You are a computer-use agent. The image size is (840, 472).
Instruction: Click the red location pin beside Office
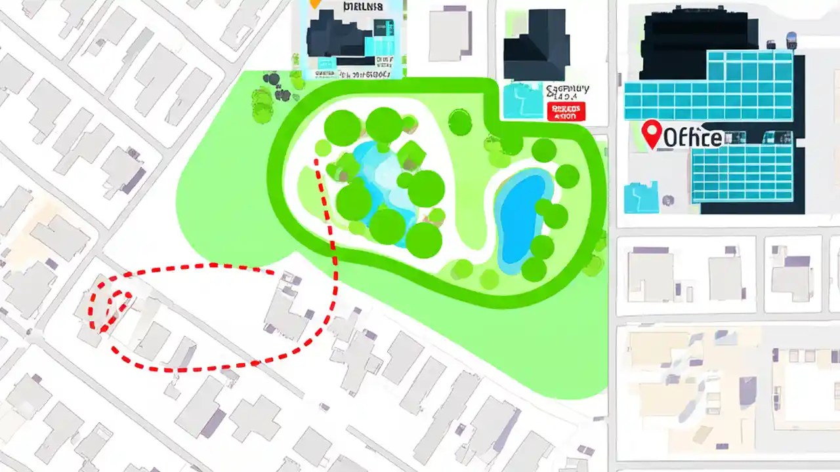tap(651, 133)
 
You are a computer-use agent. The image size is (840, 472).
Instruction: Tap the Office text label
tap(693, 138)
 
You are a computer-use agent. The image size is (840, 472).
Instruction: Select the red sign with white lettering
tap(565, 111)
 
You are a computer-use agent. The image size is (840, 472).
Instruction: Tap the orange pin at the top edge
tap(315, 3)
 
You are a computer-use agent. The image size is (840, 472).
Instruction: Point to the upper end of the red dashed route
tap(317, 160)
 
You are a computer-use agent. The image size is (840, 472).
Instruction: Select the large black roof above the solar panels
tap(696, 33)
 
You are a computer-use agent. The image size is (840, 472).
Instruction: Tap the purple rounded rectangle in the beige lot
tap(747, 391)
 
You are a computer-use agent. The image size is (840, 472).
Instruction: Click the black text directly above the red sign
tap(568, 92)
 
